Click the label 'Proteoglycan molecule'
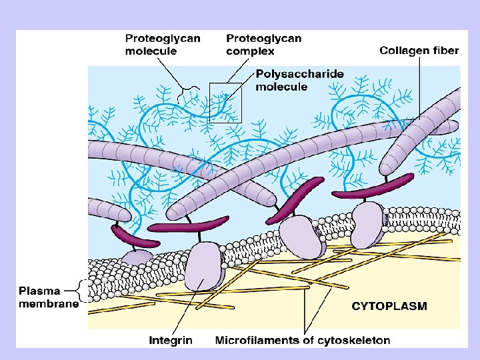[x=162, y=44]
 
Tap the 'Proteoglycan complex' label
[x=263, y=44]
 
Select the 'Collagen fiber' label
[x=419, y=51]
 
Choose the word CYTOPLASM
[x=389, y=307]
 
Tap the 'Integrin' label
[x=171, y=340]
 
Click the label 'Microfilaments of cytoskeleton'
[x=303, y=340]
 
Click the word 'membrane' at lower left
[x=48, y=304]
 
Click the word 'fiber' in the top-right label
[x=445, y=51]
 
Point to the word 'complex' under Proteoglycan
[x=250, y=51]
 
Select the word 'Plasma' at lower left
[x=39, y=291]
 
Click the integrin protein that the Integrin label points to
[x=203, y=267]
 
